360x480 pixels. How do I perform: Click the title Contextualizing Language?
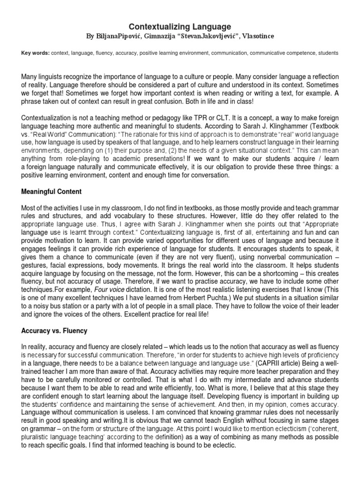[180, 27]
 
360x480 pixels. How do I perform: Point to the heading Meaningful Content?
[52, 192]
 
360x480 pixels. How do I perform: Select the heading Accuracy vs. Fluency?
[54, 330]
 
